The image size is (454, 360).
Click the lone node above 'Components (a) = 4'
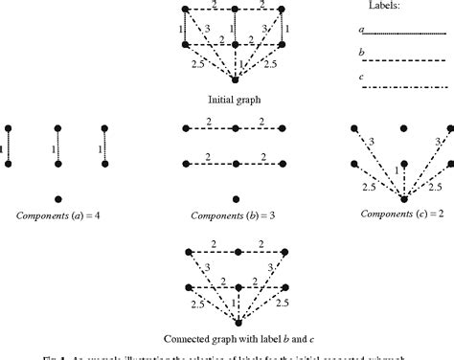[58, 198]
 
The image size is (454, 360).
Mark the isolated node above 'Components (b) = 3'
[233, 198]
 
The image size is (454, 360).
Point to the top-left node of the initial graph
[182, 9]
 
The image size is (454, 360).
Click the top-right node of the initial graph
[284, 9]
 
